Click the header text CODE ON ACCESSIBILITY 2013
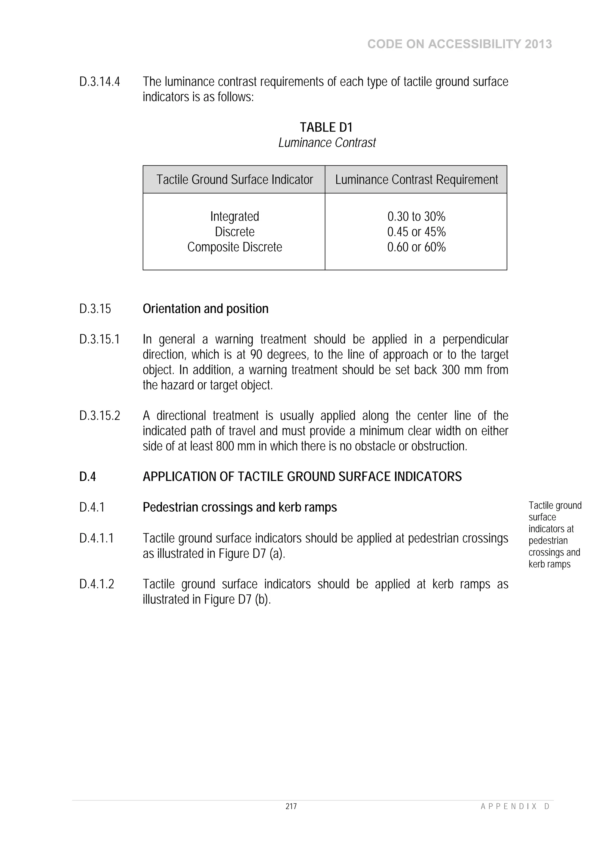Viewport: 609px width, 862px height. (x=459, y=44)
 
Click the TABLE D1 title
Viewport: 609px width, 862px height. (x=326, y=127)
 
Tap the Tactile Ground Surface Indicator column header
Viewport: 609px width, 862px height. (x=235, y=179)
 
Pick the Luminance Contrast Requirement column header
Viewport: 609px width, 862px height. (x=417, y=179)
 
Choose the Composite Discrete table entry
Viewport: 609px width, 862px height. (x=235, y=247)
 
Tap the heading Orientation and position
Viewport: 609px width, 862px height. (x=205, y=309)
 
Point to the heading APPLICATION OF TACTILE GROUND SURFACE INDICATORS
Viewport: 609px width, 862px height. (x=302, y=476)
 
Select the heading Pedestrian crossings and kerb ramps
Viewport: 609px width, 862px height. (x=240, y=507)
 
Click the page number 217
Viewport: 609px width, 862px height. (x=291, y=806)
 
